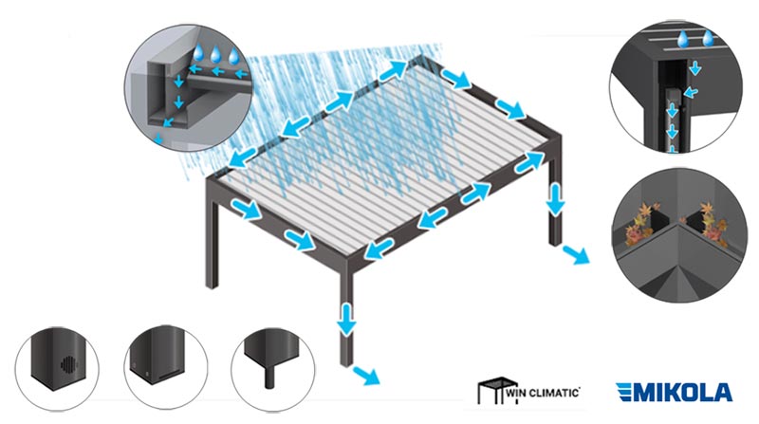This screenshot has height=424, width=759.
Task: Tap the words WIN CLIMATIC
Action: coord(542,392)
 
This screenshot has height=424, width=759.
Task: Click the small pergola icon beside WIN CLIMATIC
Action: coord(493,391)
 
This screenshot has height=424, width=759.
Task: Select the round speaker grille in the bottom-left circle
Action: coord(68,364)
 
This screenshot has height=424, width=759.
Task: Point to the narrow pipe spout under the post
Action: coord(270,376)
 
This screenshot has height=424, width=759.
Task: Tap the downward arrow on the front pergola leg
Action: coord(346,318)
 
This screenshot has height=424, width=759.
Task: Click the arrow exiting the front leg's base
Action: coord(365,376)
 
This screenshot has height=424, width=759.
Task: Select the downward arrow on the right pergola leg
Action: coord(556,198)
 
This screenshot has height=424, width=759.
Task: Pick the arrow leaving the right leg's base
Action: coord(576,254)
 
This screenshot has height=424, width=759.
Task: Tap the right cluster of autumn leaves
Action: coord(711,222)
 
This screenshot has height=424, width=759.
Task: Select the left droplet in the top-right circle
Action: coord(683,39)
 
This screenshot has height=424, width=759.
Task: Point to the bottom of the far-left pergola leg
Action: coord(212,285)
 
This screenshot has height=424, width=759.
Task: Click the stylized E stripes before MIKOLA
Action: coord(625,392)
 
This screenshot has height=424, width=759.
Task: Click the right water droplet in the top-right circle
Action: coord(708,38)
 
